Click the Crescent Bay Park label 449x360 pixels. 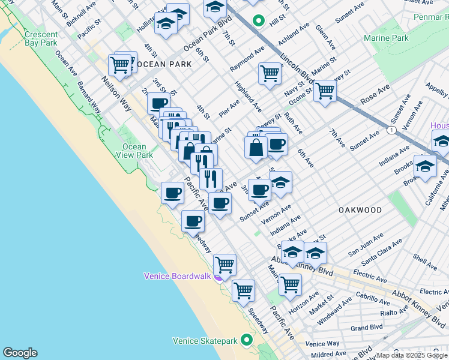(41, 39)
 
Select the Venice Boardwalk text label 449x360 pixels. (177, 276)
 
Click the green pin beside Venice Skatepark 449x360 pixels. (247, 340)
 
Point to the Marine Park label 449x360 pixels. (386, 38)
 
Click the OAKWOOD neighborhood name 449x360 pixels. (360, 210)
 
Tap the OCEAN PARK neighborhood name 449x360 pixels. (163, 64)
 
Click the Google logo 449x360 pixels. (20, 353)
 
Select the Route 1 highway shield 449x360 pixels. (392, 130)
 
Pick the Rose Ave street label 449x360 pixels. (375, 94)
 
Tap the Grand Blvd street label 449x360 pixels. (366, 328)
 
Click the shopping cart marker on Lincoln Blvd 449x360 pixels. (325, 91)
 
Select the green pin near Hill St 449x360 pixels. (259, 21)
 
